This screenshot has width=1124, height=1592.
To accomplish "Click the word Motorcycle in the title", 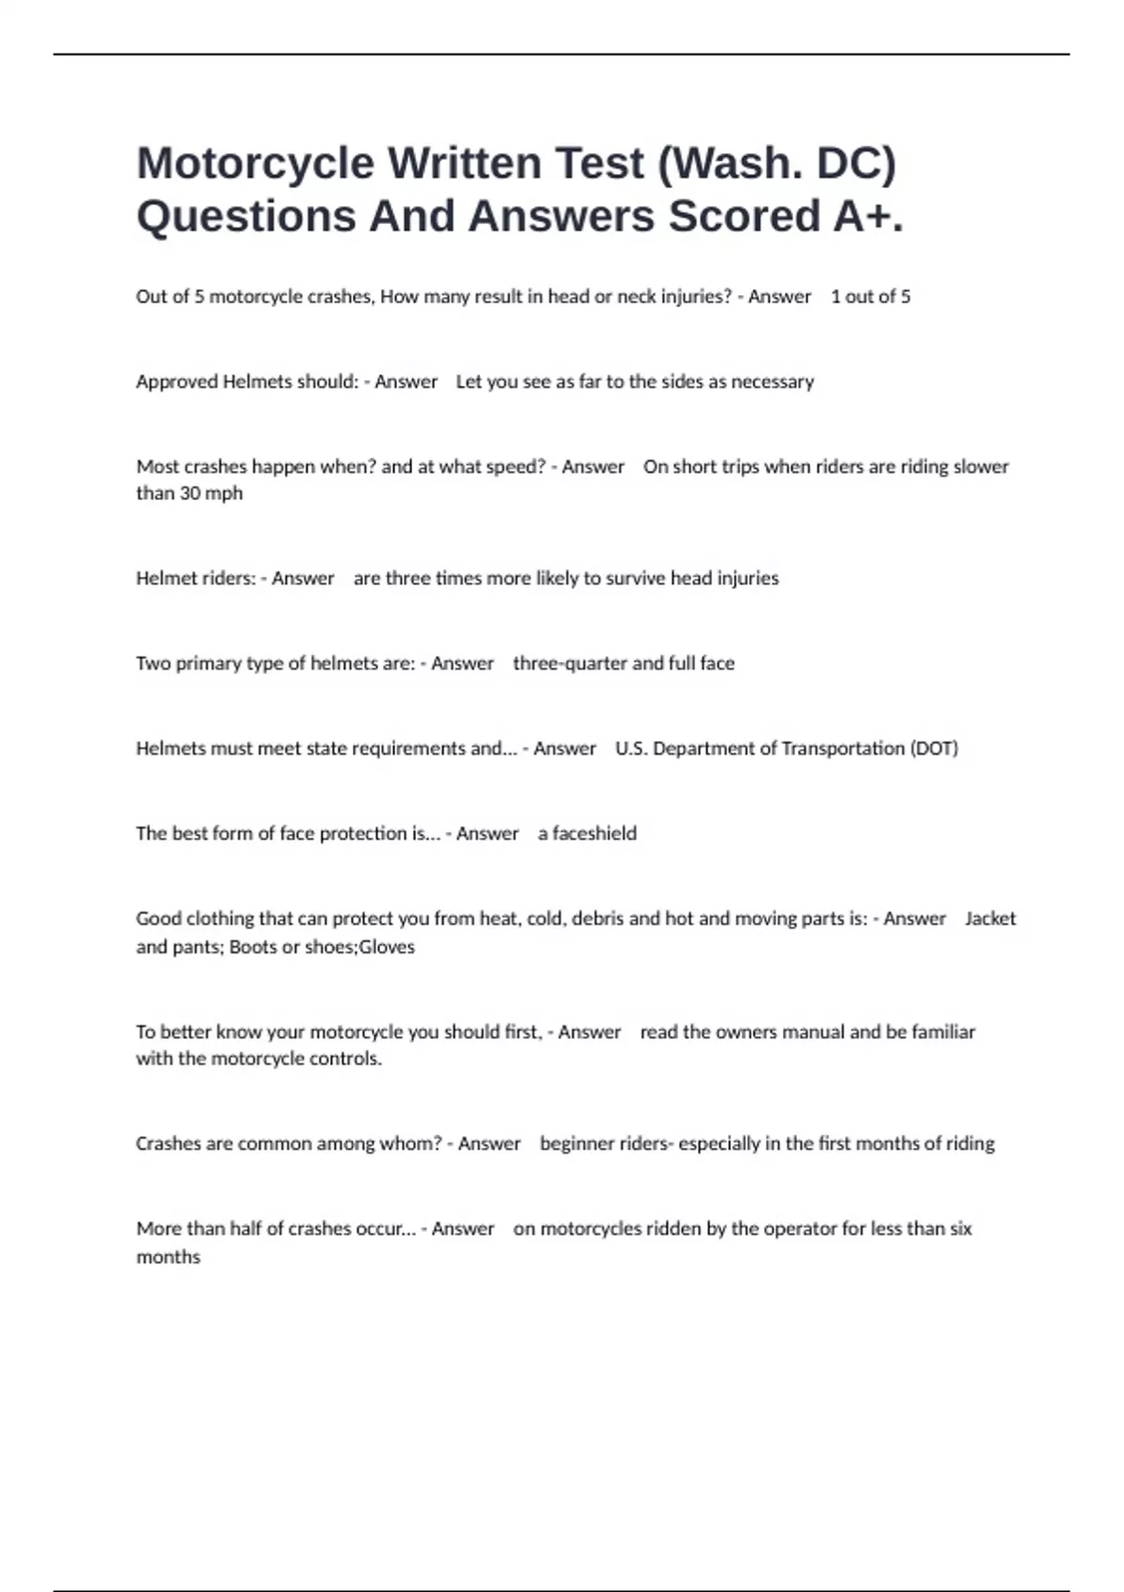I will click(x=255, y=164).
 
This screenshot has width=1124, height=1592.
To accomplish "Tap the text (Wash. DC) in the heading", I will click(x=777, y=164).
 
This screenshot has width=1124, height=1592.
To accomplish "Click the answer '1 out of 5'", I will click(x=870, y=297).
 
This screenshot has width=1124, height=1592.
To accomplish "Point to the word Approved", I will click(x=176, y=382).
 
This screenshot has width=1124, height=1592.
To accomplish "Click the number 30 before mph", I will click(x=189, y=494).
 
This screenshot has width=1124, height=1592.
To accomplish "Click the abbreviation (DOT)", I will click(x=934, y=749).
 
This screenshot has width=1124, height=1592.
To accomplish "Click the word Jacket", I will click(x=990, y=919).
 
